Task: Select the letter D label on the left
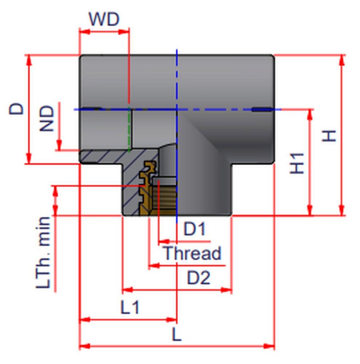(16, 108)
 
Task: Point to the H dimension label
(329, 136)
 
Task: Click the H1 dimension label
(297, 163)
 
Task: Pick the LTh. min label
(43, 253)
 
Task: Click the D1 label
(194, 229)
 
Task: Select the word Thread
(193, 253)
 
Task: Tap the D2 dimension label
(199, 277)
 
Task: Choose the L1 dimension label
(130, 307)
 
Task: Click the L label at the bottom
(177, 334)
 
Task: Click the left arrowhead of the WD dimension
(85, 32)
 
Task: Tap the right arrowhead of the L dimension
(269, 347)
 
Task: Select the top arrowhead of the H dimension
(342, 60)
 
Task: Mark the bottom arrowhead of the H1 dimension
(310, 210)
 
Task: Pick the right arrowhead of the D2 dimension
(226, 290)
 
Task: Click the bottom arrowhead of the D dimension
(28, 159)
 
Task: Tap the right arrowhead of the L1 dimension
(171, 320)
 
